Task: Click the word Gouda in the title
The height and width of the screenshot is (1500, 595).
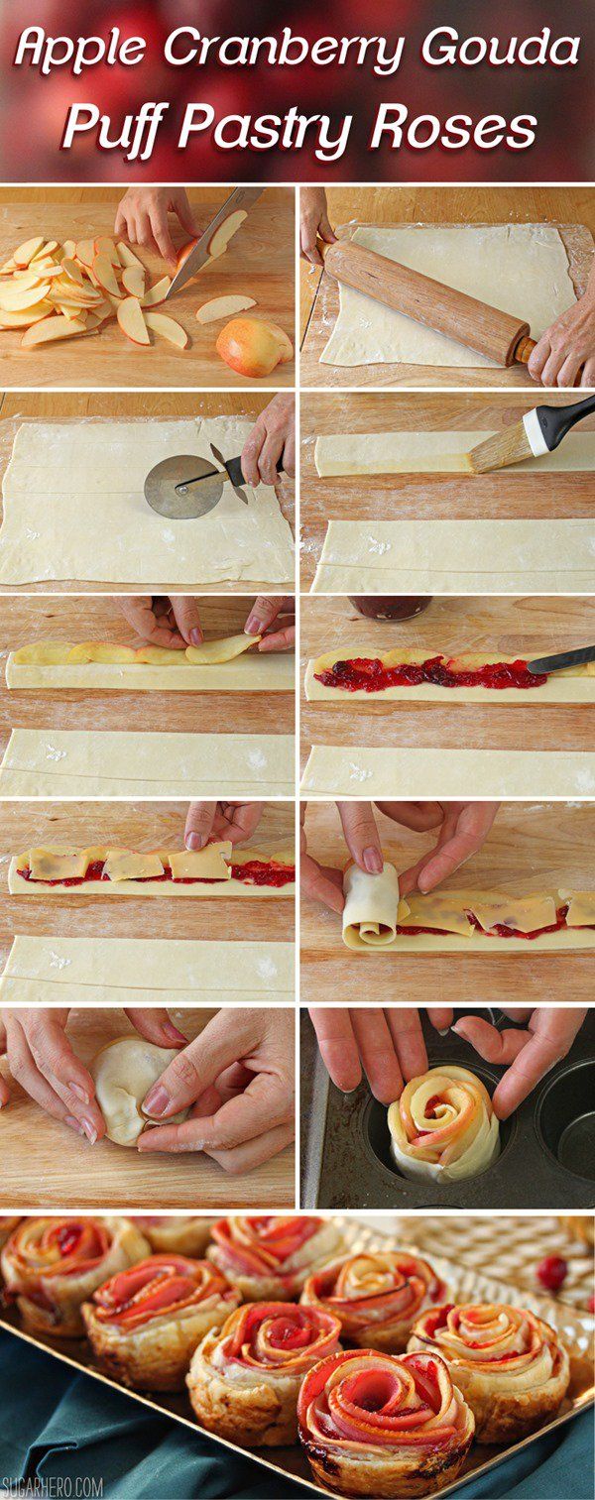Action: tap(497, 49)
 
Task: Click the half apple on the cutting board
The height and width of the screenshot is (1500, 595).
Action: tap(253, 346)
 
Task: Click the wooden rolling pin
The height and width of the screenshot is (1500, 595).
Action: tap(427, 301)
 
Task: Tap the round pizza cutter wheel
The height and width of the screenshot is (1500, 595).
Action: tap(177, 486)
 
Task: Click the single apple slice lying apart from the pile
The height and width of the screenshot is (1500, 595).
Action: tap(226, 308)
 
